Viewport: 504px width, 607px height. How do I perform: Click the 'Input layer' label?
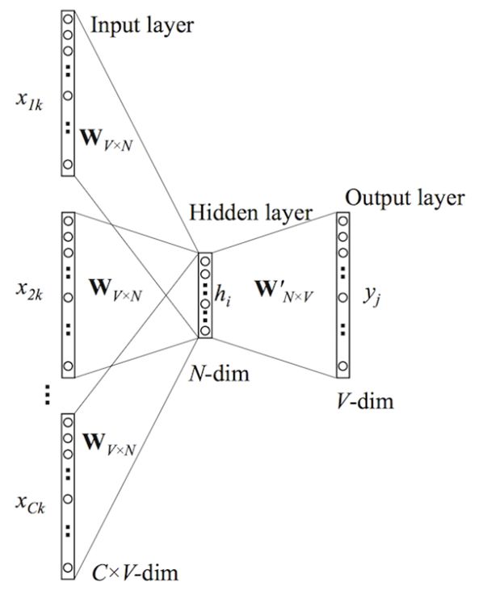(x=141, y=26)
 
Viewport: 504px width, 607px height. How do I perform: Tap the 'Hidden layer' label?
(x=250, y=213)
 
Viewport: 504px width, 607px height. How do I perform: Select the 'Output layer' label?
(x=404, y=198)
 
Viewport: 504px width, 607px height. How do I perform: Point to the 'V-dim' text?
(x=365, y=400)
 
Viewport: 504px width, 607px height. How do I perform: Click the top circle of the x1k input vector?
(x=68, y=18)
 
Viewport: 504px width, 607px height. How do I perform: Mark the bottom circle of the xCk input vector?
(x=68, y=567)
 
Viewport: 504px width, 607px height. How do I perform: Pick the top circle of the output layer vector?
(x=344, y=220)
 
